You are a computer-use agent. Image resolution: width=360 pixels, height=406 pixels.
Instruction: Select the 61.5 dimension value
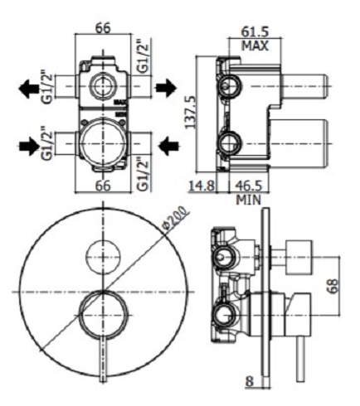255,32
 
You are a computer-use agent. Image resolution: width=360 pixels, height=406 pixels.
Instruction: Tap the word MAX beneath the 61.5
255,46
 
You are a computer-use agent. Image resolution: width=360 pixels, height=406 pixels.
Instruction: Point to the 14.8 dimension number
202,186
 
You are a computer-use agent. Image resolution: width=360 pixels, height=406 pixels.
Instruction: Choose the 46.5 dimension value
249,186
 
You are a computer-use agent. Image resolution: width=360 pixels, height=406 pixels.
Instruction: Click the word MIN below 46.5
249,200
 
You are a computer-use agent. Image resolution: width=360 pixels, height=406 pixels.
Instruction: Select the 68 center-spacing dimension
333,287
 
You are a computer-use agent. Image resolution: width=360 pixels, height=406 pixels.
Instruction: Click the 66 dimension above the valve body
103,28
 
